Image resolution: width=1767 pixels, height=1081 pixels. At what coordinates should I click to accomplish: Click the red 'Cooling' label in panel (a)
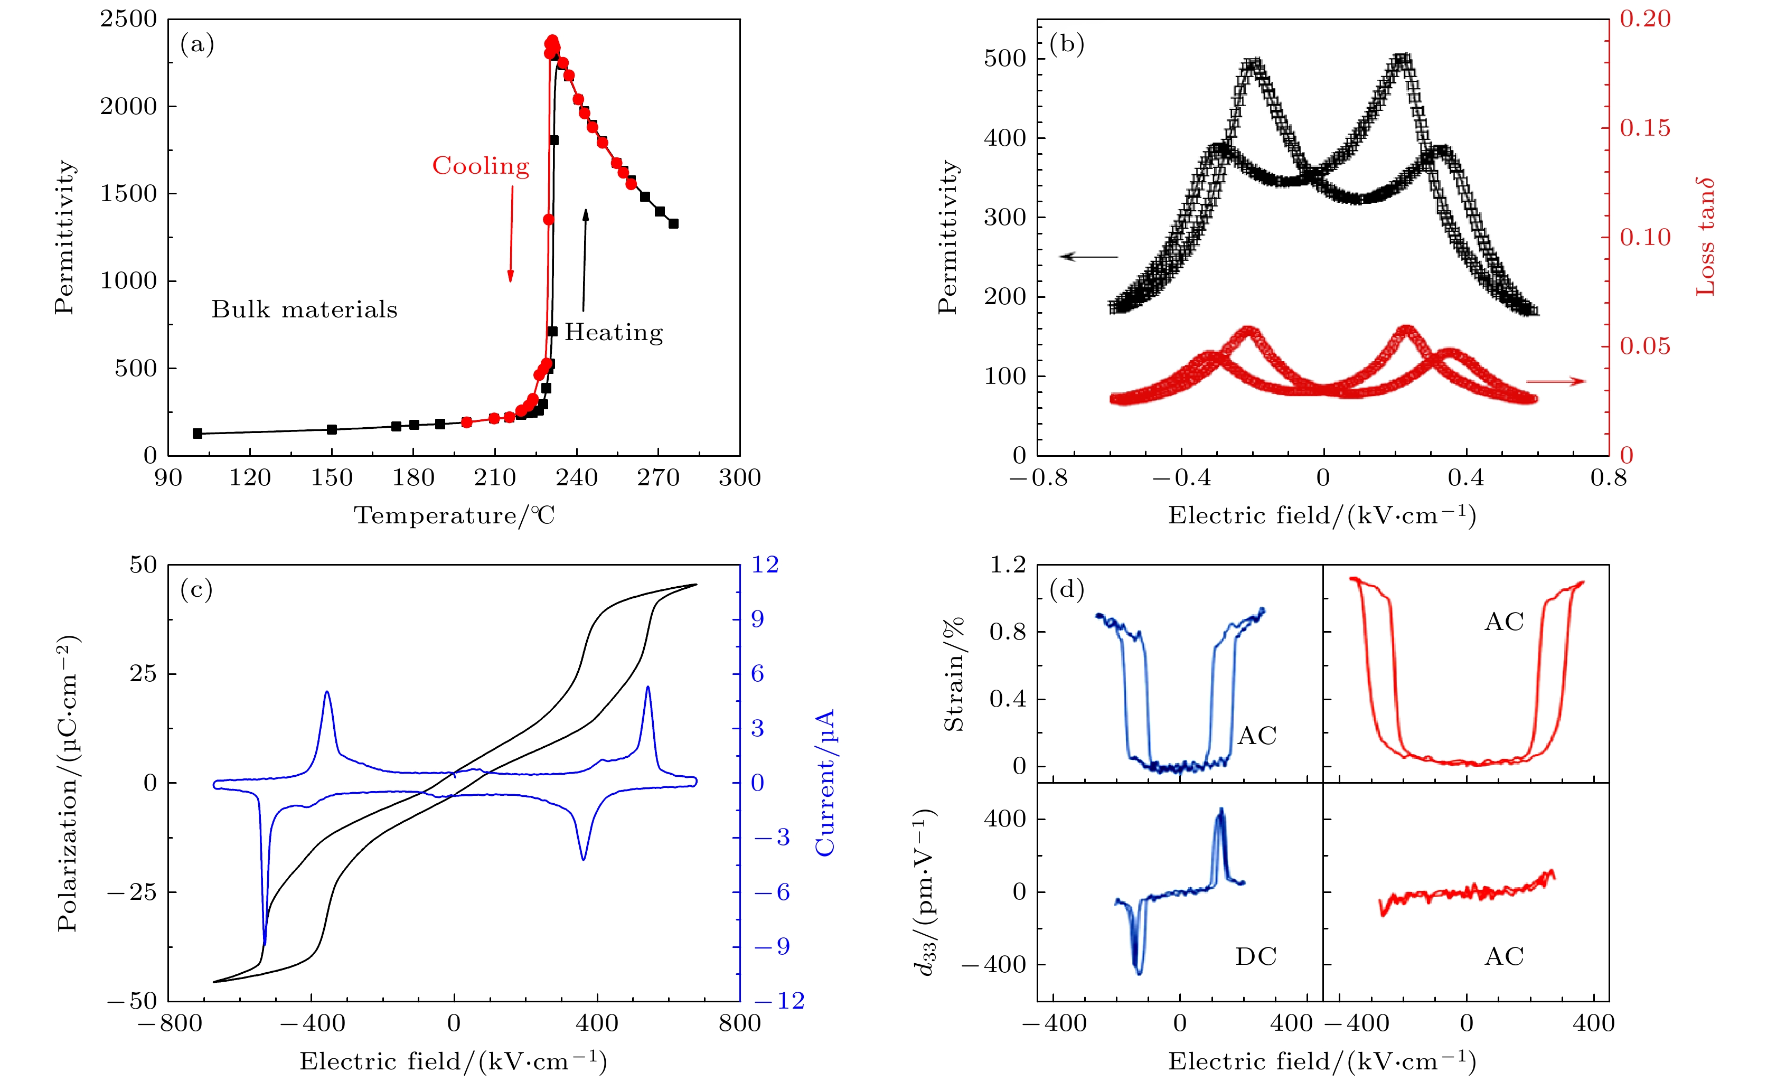tap(481, 166)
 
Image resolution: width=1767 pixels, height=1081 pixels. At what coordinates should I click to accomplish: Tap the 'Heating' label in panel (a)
tap(613, 332)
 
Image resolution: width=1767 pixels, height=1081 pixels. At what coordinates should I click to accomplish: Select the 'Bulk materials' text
tap(304, 309)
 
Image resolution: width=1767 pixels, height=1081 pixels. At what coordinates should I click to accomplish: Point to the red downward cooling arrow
tap(511, 233)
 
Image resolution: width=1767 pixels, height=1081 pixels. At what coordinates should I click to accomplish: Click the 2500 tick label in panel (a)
tap(128, 20)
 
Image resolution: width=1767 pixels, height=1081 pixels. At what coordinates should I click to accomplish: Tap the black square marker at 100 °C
tap(198, 433)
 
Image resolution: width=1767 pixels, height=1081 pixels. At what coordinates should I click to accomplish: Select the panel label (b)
tap(1066, 44)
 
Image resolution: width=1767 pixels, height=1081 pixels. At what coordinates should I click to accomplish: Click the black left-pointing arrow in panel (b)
tap(1088, 256)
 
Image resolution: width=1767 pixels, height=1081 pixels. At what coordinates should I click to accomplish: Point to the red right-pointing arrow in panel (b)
tap(1555, 381)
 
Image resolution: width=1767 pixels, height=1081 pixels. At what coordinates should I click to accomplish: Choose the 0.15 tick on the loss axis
tap(1644, 128)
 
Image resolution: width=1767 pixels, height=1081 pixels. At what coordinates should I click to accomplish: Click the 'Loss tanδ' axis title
tap(1705, 237)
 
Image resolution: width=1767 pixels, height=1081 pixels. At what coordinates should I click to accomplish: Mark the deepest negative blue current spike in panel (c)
tap(265, 943)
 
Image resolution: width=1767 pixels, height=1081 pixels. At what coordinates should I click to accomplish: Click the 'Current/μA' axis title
tap(825, 783)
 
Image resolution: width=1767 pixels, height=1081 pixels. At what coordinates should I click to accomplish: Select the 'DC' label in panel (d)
tap(1256, 956)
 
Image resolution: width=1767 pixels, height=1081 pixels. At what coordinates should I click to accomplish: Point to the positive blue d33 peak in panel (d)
tap(1220, 811)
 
